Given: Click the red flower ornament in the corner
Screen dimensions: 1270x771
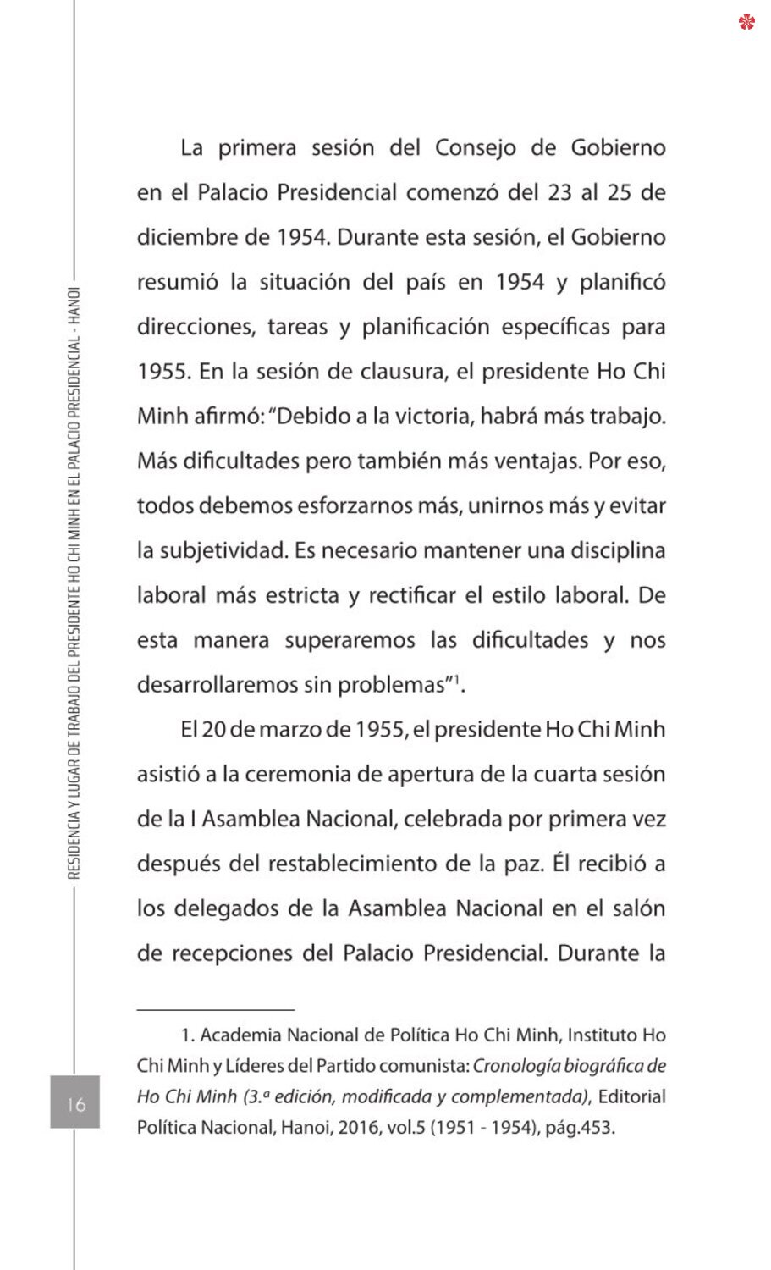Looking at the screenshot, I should click(x=746, y=21).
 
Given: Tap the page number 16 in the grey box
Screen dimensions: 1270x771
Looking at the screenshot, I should click(x=75, y=1102).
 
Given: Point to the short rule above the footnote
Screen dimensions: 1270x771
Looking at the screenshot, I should click(x=216, y=1009).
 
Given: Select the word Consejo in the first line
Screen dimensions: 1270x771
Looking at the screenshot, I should click(x=475, y=148).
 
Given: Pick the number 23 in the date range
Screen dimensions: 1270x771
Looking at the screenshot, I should click(x=559, y=192).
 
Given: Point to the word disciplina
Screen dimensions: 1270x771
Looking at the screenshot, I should click(x=618, y=551).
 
